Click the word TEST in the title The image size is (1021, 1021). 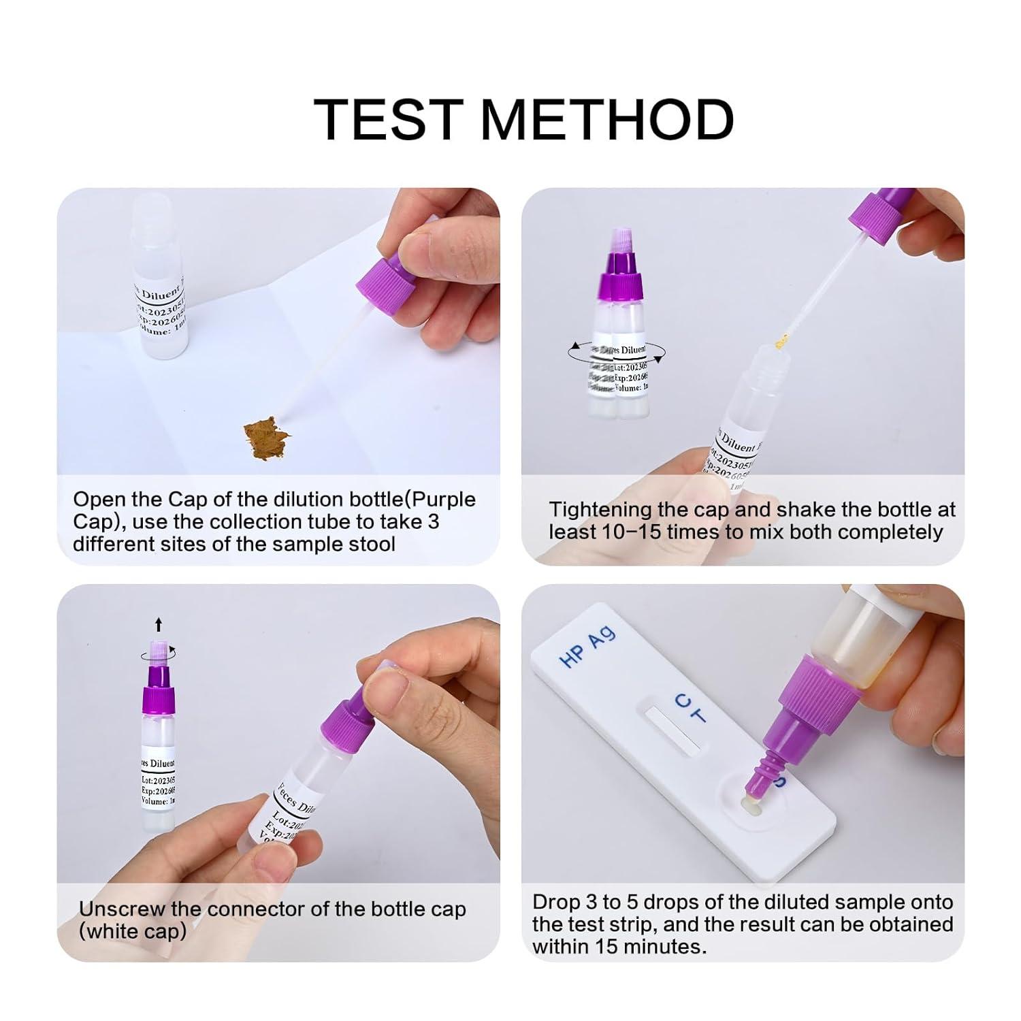click(x=389, y=120)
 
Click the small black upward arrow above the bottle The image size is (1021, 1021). click(x=159, y=624)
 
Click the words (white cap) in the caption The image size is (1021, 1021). click(x=133, y=931)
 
